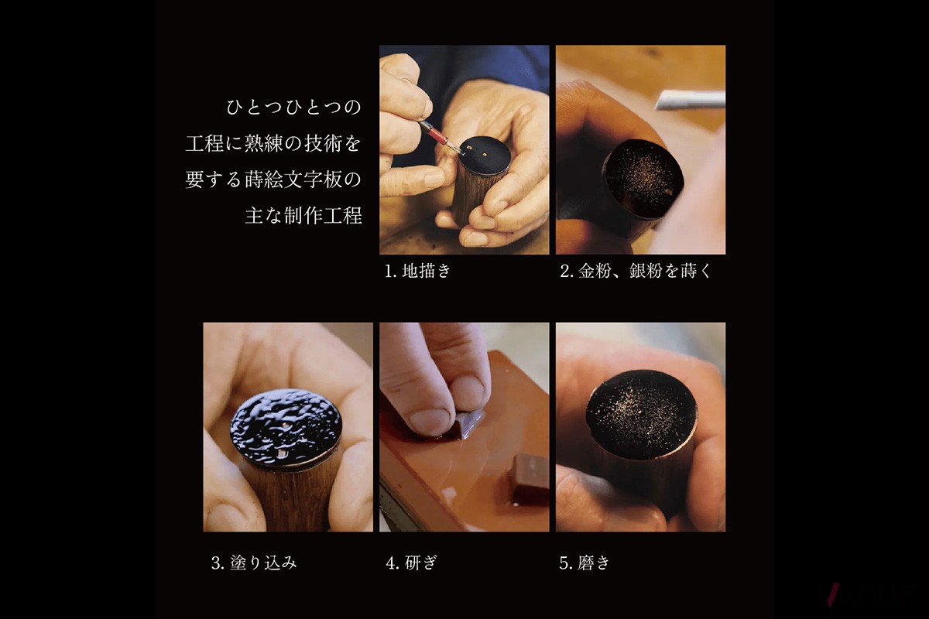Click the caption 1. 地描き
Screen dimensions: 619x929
click(417, 272)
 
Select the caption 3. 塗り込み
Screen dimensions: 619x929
click(253, 563)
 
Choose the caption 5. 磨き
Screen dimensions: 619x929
click(584, 563)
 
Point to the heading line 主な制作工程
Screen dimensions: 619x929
click(303, 215)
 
